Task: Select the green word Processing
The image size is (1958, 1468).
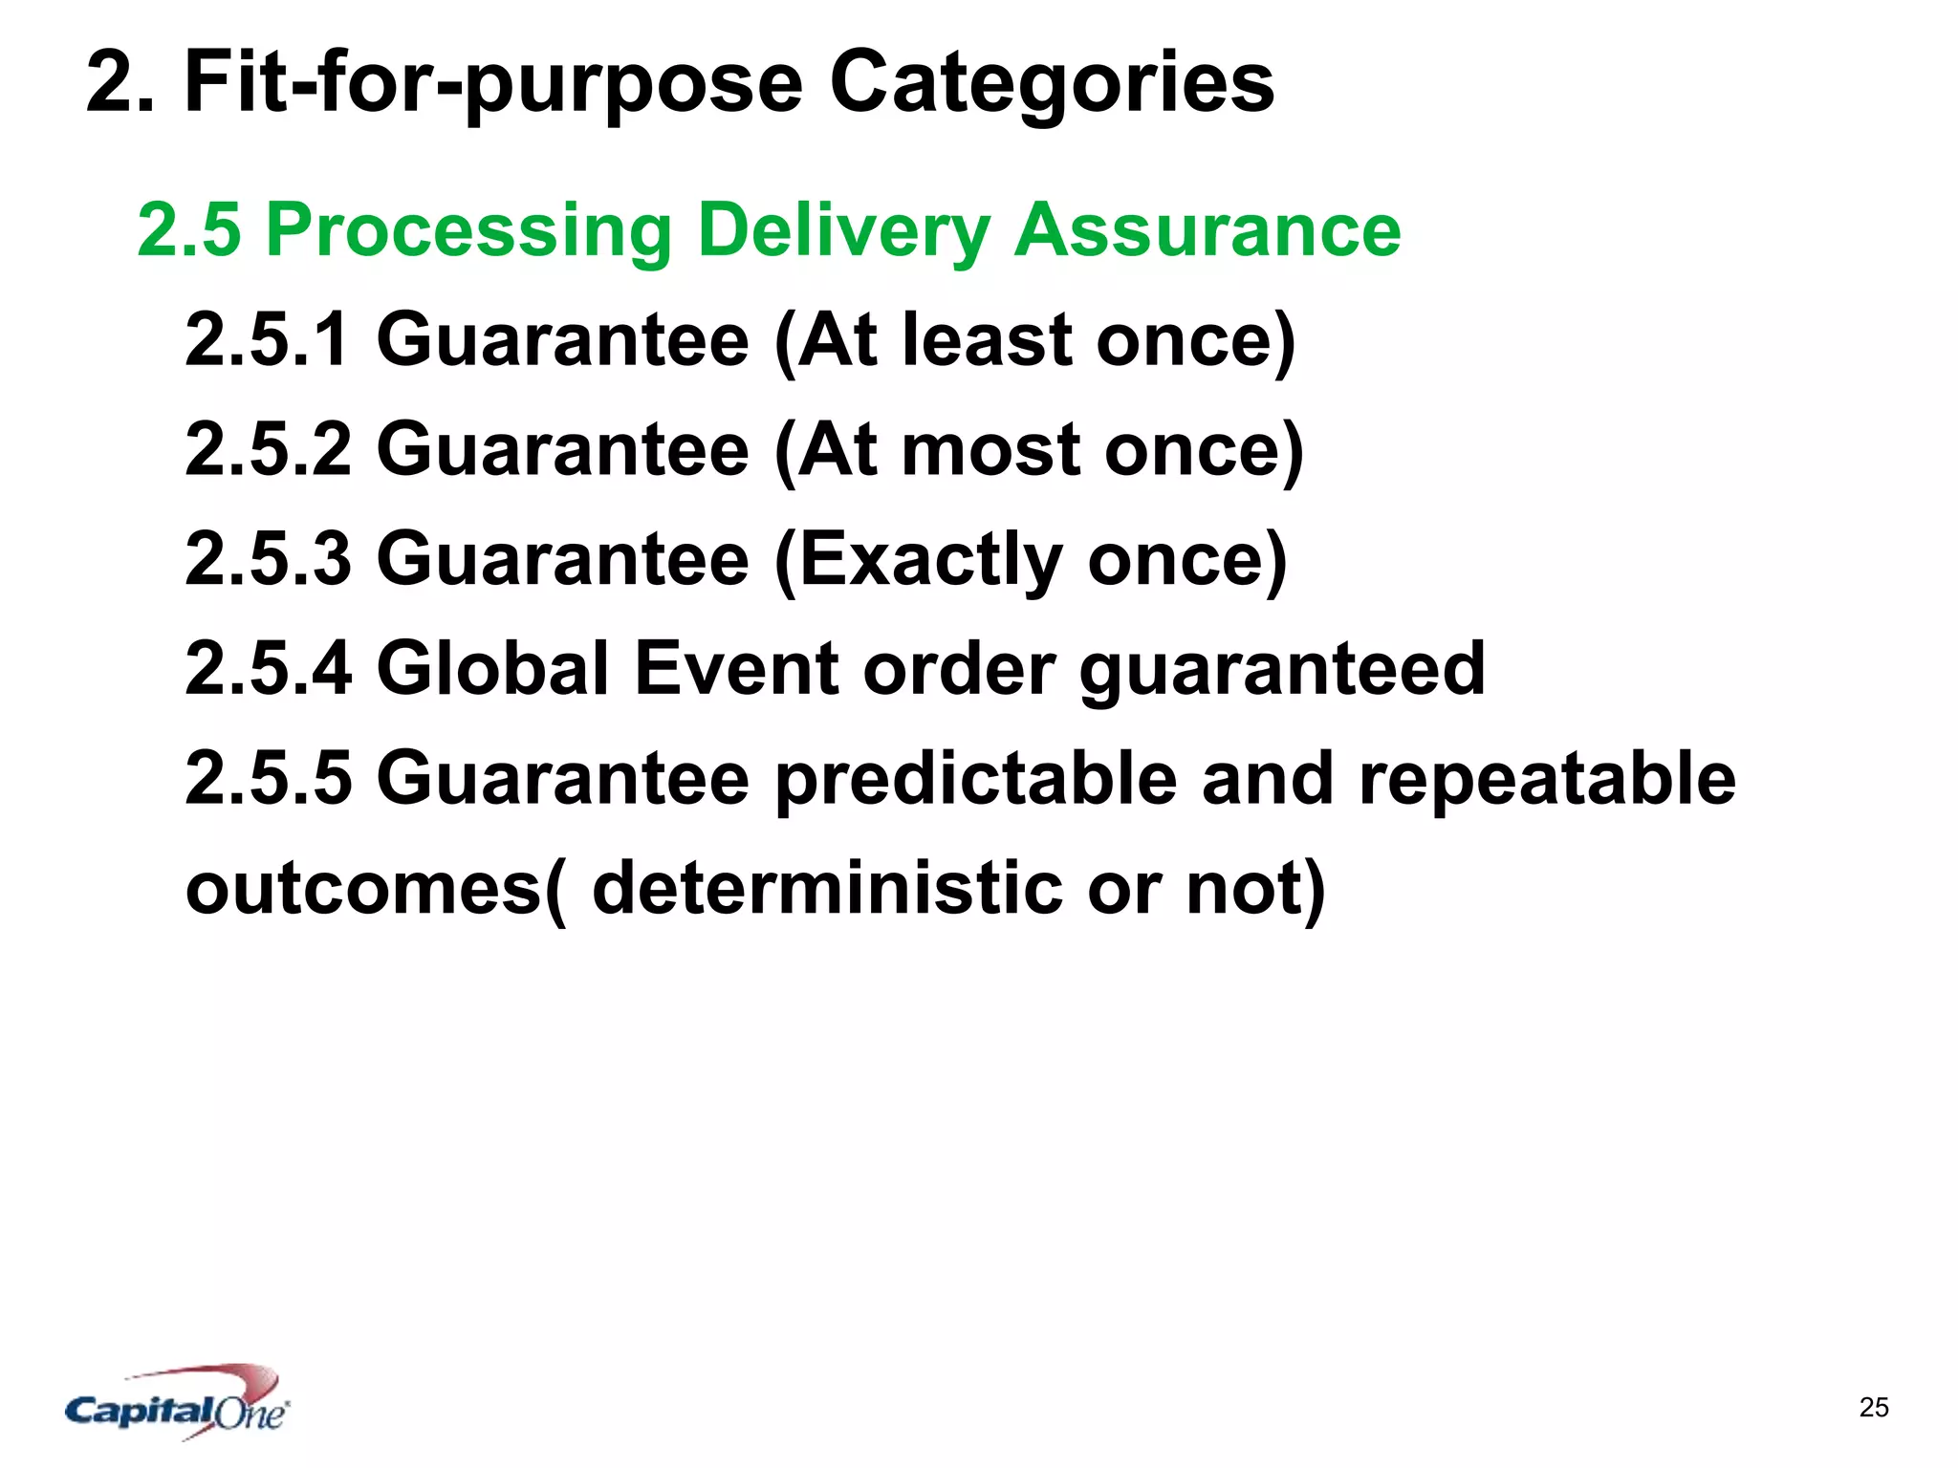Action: [469, 231]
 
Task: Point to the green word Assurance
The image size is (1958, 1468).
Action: [1207, 231]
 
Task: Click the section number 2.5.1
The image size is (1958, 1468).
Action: [268, 339]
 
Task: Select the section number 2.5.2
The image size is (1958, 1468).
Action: [268, 449]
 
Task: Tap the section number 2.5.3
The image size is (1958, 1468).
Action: [268, 559]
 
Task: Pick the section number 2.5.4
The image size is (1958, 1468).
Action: [268, 668]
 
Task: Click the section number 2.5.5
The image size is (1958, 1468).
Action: [268, 778]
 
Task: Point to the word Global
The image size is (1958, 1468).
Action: [493, 668]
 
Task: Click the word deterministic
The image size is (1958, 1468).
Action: [827, 888]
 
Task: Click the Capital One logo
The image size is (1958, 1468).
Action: [178, 1403]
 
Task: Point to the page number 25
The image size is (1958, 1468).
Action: [1874, 1408]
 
